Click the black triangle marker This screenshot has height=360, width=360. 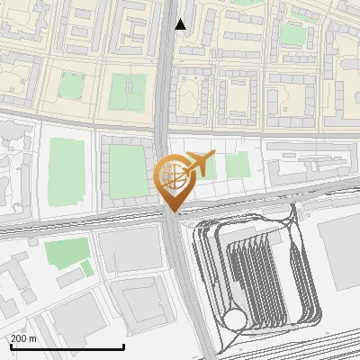pos(181,24)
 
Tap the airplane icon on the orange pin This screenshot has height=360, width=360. pos(199,164)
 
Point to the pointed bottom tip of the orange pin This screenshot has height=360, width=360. pos(171,212)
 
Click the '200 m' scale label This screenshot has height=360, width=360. pos(23,338)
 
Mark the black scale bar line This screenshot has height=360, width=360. pos(67,347)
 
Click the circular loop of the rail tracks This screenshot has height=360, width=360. pos(236,319)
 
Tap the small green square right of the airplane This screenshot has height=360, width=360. pos(238,166)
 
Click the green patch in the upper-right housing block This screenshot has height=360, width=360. pos(291,34)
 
